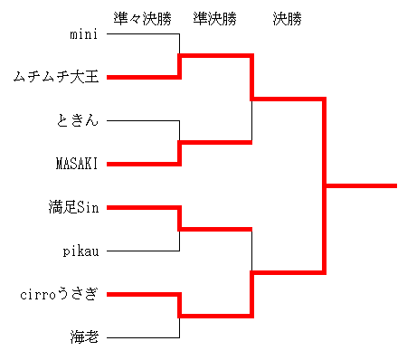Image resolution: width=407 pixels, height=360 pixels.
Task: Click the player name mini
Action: [x=84, y=34]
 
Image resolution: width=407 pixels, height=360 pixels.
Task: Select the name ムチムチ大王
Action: [x=56, y=77]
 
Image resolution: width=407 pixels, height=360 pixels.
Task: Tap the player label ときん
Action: [x=78, y=120]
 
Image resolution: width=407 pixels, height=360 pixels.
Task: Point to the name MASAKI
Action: [x=77, y=164]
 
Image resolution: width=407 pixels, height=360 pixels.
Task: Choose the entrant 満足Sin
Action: [x=73, y=207]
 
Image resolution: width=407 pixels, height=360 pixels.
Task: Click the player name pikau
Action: [x=80, y=251]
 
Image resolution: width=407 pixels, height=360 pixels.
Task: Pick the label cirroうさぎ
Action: [x=59, y=294]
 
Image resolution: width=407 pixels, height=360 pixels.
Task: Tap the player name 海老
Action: [x=84, y=337]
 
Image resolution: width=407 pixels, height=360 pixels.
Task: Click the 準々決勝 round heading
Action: [x=143, y=19]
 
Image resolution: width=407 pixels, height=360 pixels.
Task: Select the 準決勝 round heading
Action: [x=214, y=19]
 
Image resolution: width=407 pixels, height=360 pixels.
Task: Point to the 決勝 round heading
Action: [x=287, y=19]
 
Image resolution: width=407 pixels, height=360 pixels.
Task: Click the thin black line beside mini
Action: [x=143, y=33]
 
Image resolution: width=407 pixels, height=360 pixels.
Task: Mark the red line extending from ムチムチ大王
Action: [x=143, y=78]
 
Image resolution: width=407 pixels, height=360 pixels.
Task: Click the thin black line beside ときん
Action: [x=143, y=121]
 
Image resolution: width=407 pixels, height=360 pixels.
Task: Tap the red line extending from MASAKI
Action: [x=143, y=165]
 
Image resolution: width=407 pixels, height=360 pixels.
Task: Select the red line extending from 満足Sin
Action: [x=143, y=208]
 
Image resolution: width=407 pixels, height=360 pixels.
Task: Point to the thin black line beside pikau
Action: [x=143, y=251]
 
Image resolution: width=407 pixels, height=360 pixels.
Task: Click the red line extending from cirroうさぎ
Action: [x=143, y=295]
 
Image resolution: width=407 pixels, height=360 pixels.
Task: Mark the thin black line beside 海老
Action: [x=143, y=337]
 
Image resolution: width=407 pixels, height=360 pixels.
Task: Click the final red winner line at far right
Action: [x=362, y=185]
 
